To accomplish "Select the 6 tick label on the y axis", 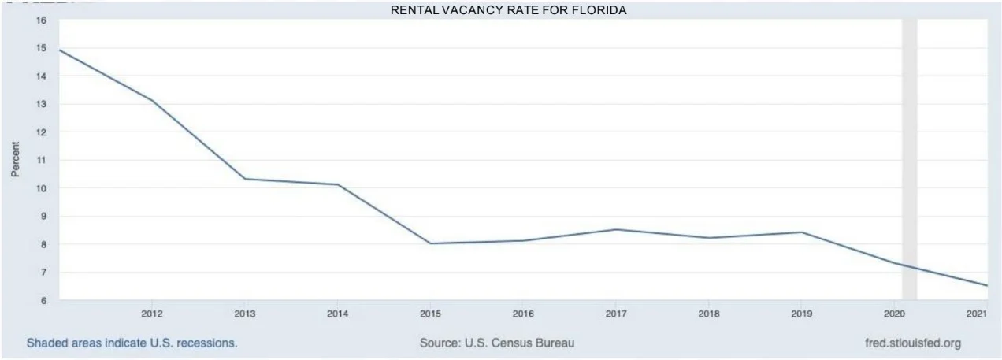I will point(41,300).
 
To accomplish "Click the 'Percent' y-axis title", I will point(15,159).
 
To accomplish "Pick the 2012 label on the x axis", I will point(152,314).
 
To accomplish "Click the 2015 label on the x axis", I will point(429,314).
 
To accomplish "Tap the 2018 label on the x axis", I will point(708,314).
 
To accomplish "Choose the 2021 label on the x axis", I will point(977,314).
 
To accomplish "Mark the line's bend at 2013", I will point(245,179).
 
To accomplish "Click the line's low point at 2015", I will point(430,243).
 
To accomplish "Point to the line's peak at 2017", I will point(616,229).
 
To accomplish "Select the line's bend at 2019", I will point(801,232).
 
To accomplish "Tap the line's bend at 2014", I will point(338,184).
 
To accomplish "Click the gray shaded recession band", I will point(909,158).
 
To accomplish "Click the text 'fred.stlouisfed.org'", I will point(912,343).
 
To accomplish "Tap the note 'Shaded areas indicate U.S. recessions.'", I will point(132,343).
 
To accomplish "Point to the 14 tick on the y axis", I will point(40,76).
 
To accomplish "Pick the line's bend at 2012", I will point(152,101).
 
